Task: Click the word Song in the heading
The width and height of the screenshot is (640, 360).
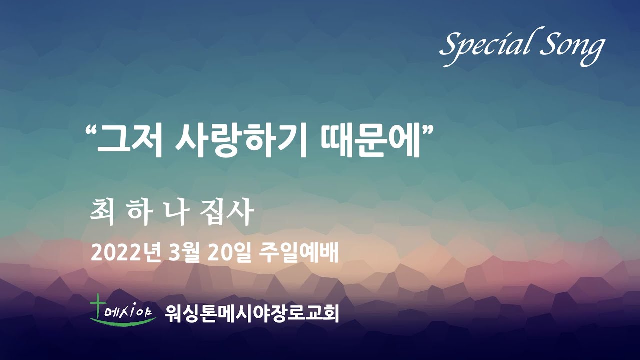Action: pos(572,47)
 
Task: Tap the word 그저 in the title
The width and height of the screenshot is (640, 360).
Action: pos(129,142)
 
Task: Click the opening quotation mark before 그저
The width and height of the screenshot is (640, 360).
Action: pos(91,131)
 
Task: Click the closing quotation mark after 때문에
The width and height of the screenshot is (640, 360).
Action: pos(427,131)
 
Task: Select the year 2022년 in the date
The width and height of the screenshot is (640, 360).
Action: pos(125,253)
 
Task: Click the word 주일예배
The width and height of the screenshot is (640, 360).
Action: pos(299,253)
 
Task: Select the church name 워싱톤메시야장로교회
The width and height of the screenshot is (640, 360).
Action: pos(252,313)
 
